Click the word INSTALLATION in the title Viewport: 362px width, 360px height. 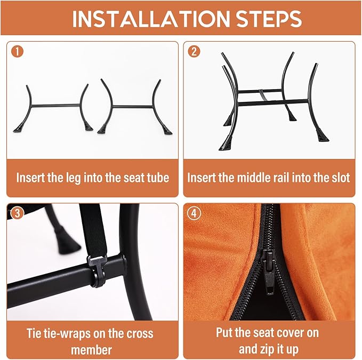click(x=151, y=19)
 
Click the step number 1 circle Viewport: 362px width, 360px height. click(x=17, y=51)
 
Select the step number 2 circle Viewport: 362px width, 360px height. click(x=194, y=51)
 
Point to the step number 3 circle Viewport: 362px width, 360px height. click(x=17, y=213)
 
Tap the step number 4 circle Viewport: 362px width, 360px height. click(x=194, y=213)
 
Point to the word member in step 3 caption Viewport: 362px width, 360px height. click(x=91, y=350)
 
